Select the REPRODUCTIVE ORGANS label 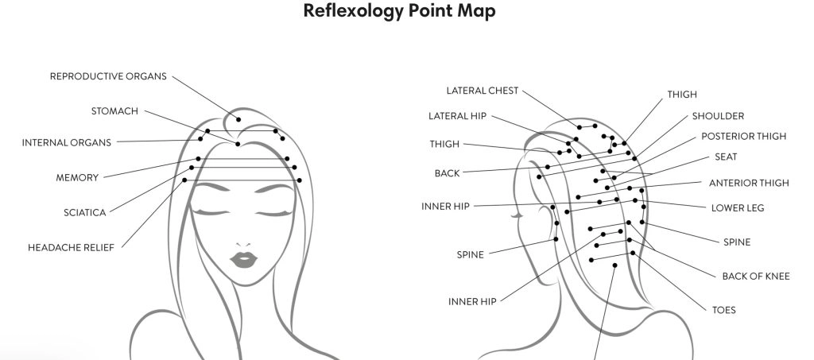[108, 76]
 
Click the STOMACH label [114, 110]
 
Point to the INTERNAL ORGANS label [66, 143]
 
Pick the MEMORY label [77, 177]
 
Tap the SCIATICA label [84, 212]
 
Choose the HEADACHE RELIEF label [71, 247]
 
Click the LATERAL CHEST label [482, 91]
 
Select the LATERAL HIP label [457, 116]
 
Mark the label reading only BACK [447, 172]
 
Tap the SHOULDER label [718, 116]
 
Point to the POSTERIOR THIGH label [743, 136]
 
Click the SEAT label [726, 157]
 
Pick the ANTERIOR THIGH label [749, 183]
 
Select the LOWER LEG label [738, 208]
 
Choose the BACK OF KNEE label [755, 276]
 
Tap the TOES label [724, 310]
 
